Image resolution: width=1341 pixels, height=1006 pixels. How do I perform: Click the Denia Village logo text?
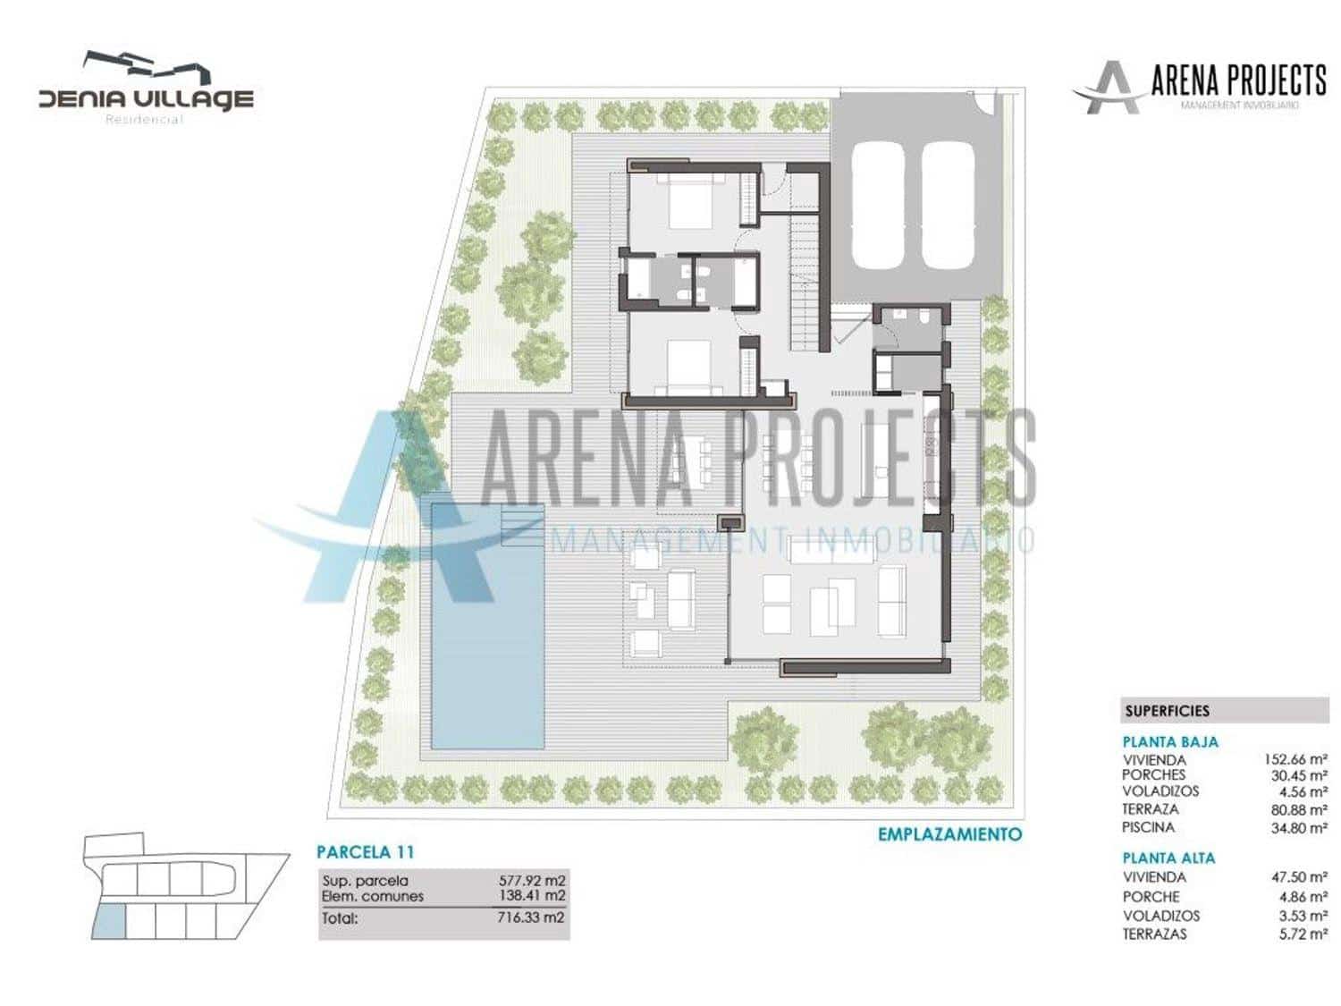[146, 97]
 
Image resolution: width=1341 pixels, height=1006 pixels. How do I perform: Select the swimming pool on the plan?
[487, 626]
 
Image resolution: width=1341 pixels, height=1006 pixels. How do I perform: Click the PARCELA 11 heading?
[366, 852]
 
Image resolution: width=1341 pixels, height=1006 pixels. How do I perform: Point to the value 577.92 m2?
[532, 881]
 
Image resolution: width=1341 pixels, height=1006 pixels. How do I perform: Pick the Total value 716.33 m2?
[532, 917]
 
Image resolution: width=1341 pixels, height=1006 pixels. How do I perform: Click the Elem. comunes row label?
[373, 896]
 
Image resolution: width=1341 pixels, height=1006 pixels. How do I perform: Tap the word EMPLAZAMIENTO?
[949, 834]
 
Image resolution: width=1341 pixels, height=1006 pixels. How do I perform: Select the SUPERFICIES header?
[1167, 711]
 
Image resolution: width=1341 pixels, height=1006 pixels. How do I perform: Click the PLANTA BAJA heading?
[1170, 741]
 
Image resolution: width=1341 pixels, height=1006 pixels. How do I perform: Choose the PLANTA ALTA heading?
[1168, 858]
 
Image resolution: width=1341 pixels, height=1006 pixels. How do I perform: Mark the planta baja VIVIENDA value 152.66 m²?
[1295, 759]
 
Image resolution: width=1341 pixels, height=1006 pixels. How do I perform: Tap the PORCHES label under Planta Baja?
[1153, 774]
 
